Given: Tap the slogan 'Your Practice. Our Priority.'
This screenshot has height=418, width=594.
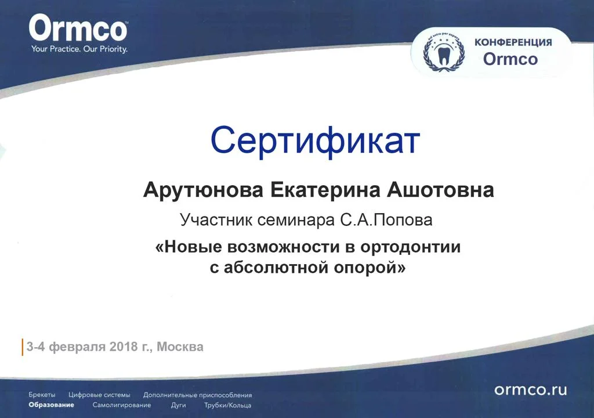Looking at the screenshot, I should click(79, 49).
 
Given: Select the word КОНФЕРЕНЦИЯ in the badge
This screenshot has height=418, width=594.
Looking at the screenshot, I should click(513, 42).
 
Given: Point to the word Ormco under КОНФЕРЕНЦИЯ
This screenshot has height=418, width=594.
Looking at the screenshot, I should click(510, 59).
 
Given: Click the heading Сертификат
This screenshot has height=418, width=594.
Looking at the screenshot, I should click(314, 140).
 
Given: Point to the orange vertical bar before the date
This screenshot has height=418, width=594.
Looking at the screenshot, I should click(23, 347).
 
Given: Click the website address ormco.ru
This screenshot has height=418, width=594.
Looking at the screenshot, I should click(530, 390).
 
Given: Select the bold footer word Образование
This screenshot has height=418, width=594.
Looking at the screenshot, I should click(52, 405).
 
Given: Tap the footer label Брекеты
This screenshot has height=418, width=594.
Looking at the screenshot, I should click(42, 395).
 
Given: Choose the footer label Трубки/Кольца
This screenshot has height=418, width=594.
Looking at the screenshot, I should click(228, 405).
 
